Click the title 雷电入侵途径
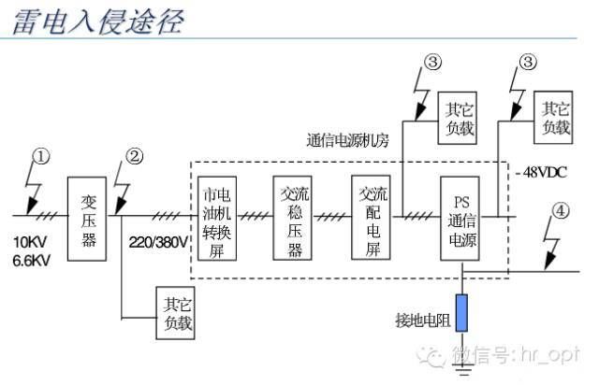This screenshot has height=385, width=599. pyautogui.click(x=98, y=21)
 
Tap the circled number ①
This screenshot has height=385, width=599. pyautogui.click(x=41, y=156)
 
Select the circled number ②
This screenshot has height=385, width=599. pyautogui.click(x=135, y=156)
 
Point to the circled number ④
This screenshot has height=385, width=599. pyautogui.click(x=561, y=210)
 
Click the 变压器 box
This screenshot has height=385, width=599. pyautogui.click(x=87, y=219)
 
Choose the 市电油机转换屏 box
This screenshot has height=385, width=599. pyautogui.click(x=217, y=219)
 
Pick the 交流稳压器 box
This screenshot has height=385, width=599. pyautogui.click(x=293, y=219)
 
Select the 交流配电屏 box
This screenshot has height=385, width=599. pyautogui.click(x=371, y=218)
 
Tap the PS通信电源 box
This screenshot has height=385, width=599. pyautogui.click(x=460, y=219)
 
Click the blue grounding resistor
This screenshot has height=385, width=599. pyautogui.click(x=461, y=313)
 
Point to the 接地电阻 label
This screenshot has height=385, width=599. pyautogui.click(x=423, y=321)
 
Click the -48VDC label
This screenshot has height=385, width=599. pyautogui.click(x=541, y=173)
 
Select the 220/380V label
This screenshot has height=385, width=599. pyautogui.click(x=158, y=242)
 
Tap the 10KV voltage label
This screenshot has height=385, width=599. pyautogui.click(x=30, y=242)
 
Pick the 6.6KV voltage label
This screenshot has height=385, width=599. pyautogui.click(x=31, y=261)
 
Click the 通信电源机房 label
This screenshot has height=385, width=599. pyautogui.click(x=347, y=140)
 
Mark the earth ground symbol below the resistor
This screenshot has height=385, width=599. pyautogui.click(x=462, y=369)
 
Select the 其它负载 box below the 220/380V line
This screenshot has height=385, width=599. pyautogui.click(x=175, y=313)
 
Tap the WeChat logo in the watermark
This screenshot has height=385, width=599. pyautogui.click(x=431, y=357)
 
